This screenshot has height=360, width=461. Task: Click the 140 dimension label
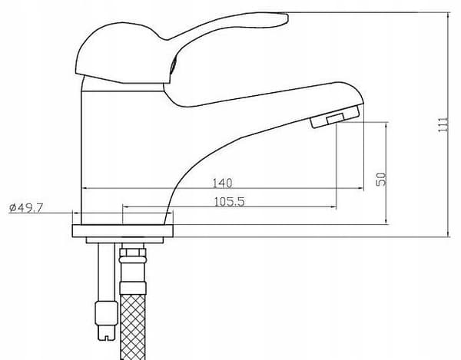tap(222, 183)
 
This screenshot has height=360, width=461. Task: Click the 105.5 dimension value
tap(229, 202)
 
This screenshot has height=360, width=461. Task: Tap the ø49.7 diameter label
tap(26, 207)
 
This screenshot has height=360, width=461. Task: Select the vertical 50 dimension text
tap(381, 179)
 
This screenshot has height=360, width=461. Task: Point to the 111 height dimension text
tap(443, 124)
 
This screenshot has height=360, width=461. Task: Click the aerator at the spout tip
tap(335, 117)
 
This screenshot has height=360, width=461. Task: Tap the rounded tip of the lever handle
tap(284, 18)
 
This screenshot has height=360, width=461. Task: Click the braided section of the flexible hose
tap(133, 327)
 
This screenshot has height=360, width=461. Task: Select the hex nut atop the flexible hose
tap(133, 253)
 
